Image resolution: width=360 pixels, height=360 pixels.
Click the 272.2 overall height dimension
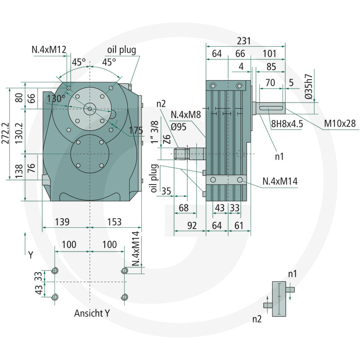tap(5, 133)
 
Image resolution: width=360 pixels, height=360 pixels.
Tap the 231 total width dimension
tap(243, 41)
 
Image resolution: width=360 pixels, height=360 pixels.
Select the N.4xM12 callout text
tap(49, 49)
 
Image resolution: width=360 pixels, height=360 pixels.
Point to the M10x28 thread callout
tap(340, 123)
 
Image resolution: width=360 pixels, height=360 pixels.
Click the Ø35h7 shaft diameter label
tap(309, 86)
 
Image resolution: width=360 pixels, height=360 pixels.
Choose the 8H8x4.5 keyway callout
tap(287, 124)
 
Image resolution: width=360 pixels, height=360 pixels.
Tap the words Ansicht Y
tap(92, 313)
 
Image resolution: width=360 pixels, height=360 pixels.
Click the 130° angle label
tap(56, 99)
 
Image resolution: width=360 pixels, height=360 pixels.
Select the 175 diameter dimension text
tap(136, 130)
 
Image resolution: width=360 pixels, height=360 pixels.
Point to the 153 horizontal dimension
tap(114, 222)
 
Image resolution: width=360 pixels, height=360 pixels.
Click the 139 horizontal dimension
tap(62, 222)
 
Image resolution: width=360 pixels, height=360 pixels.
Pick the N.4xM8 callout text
tap(186, 114)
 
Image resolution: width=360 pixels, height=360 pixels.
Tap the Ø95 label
tap(179, 126)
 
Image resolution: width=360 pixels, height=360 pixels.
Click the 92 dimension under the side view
tap(192, 225)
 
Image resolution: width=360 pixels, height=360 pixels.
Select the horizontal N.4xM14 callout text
tap(280, 181)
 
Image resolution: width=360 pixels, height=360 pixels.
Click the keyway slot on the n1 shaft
tap(271, 108)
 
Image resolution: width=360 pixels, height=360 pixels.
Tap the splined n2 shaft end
tap(182, 154)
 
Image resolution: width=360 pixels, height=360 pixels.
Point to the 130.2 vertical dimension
tap(19, 133)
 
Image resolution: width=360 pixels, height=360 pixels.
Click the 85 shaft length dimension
tap(271, 67)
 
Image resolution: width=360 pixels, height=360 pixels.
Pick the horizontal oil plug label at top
tap(121, 50)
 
